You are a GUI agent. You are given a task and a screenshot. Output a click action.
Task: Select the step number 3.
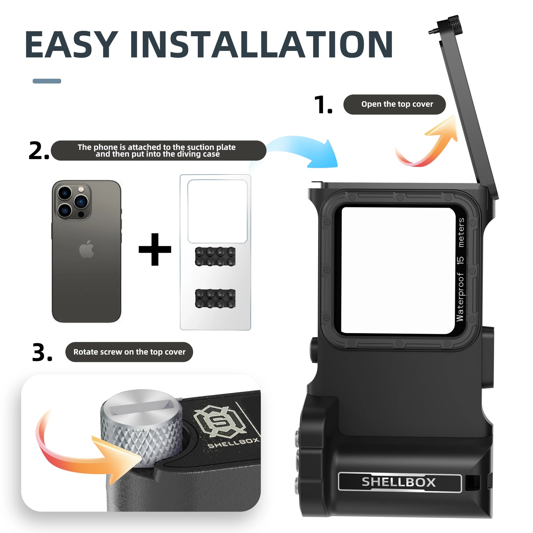pyautogui.click(x=42, y=352)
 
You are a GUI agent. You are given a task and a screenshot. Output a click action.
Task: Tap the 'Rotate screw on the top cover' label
pyautogui.click(x=129, y=352)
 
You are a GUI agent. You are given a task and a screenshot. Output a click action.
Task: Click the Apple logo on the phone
pyautogui.click(x=87, y=249)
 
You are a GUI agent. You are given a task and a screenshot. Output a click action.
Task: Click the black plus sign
pyautogui.click(x=155, y=249)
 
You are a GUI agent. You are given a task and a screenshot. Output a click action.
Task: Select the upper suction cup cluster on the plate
pyautogui.click(x=215, y=256)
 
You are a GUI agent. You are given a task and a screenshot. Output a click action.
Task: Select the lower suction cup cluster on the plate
pyautogui.click(x=215, y=298)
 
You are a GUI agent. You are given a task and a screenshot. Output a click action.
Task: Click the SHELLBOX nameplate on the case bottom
pyautogui.click(x=399, y=482)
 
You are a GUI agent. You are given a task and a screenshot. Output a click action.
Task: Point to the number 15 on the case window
pyautogui.click(x=460, y=260)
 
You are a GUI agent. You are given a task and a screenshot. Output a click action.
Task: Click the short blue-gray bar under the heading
pyautogui.click(x=47, y=81)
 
